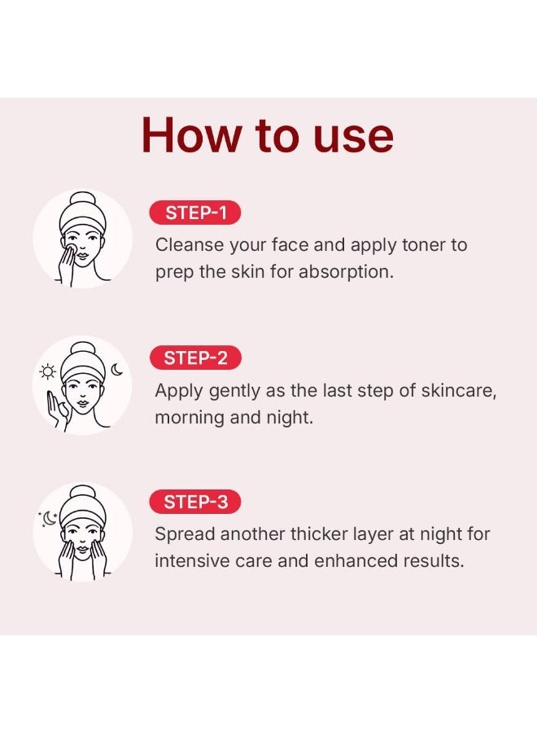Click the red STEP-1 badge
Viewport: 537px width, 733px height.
tap(195, 213)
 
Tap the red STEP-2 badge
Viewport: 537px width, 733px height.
tap(195, 358)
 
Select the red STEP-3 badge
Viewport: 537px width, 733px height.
tap(195, 503)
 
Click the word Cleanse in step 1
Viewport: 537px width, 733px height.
tap(186, 244)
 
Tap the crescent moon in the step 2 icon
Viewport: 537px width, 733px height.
tap(117, 371)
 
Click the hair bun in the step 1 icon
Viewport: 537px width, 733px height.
tap(82, 201)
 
